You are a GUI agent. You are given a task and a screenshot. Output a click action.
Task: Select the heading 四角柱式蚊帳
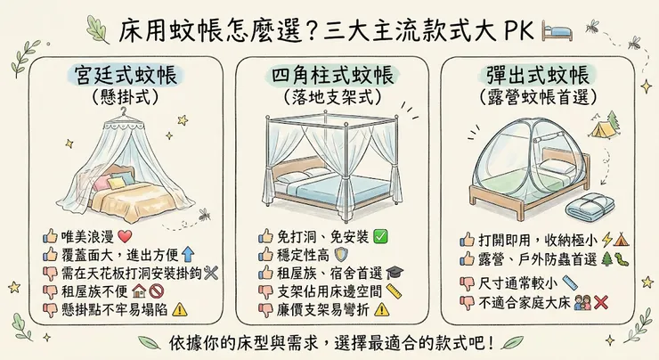[x=330, y=75]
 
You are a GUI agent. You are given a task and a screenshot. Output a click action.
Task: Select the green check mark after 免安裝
[x=379, y=237]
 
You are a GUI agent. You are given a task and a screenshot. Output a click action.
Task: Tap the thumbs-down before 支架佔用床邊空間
[x=265, y=290]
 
